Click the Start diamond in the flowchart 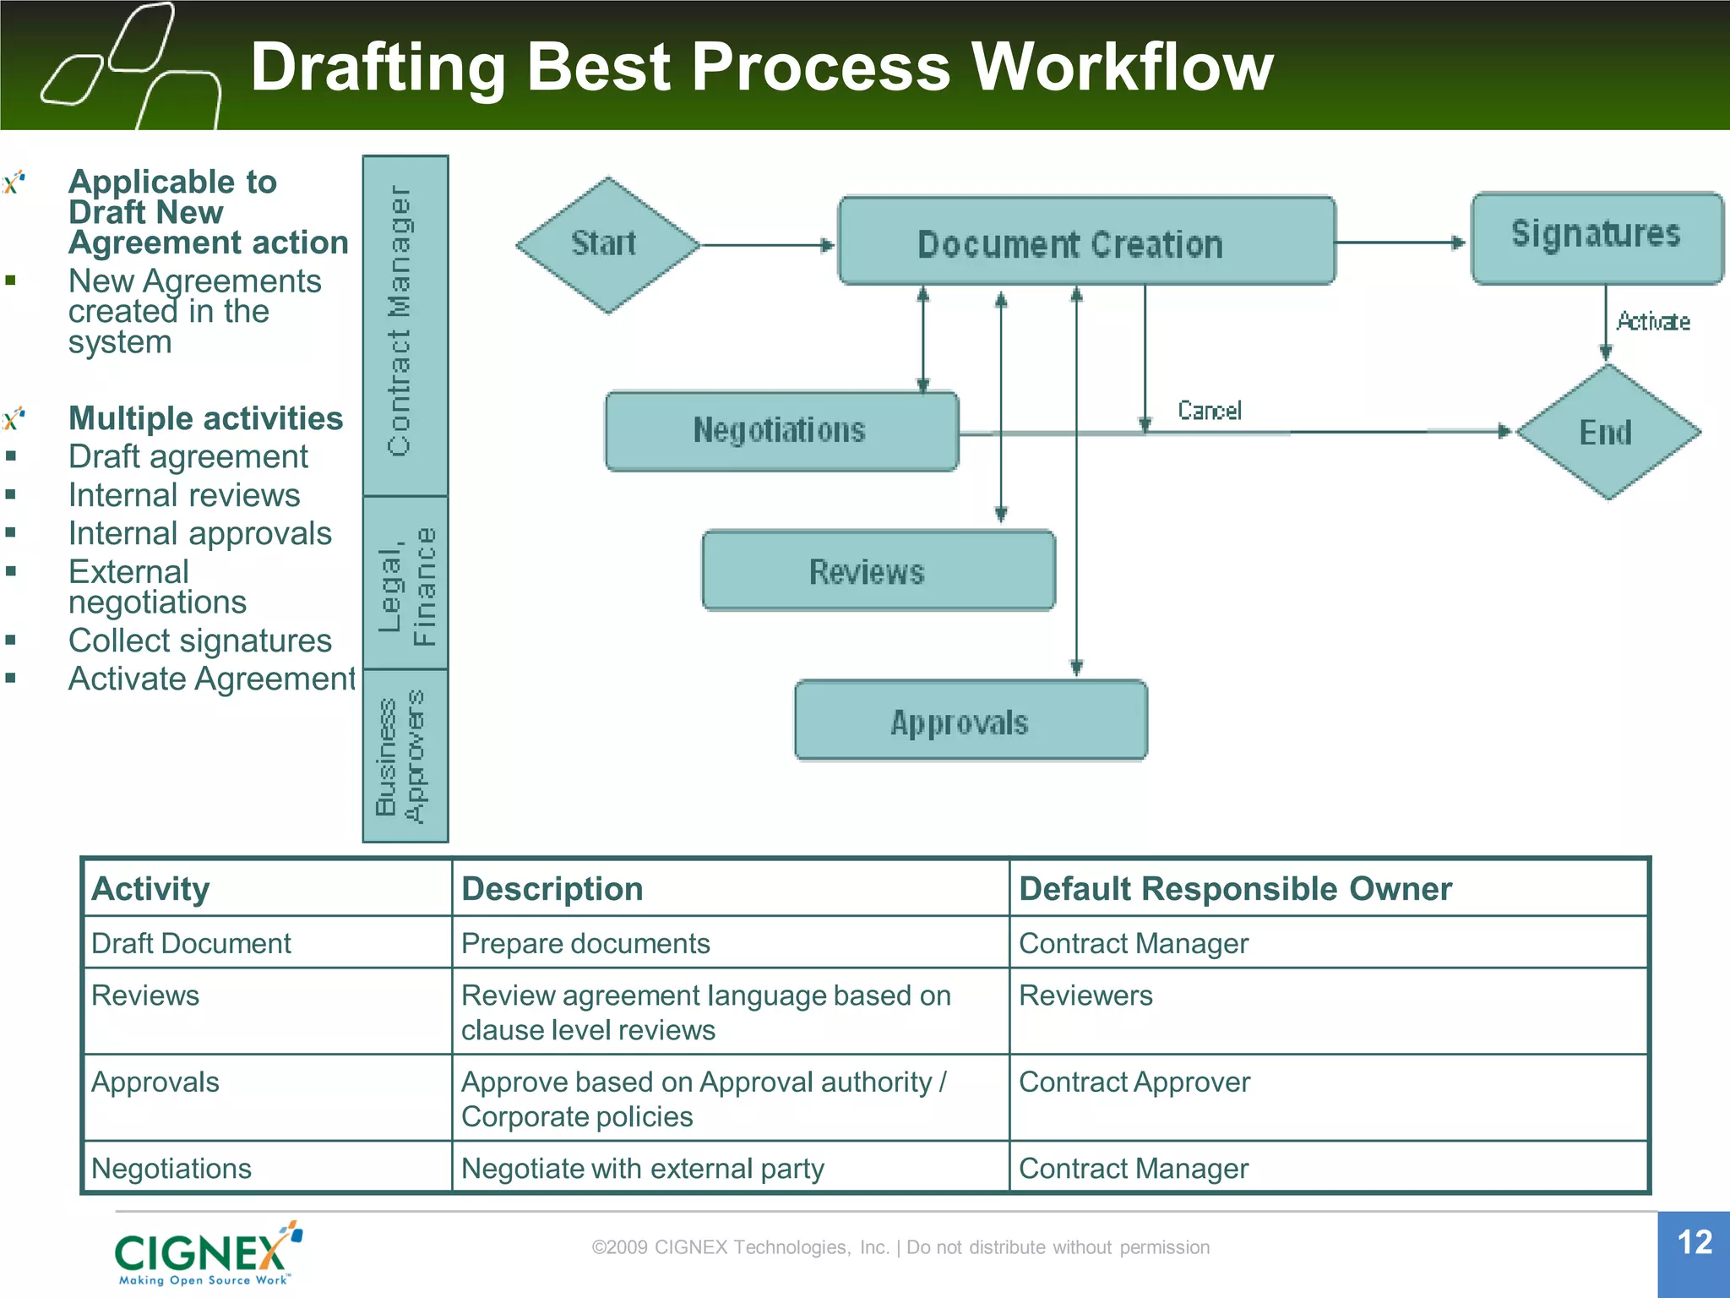click(x=607, y=244)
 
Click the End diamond click(x=1608, y=432)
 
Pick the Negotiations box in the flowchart click(x=781, y=431)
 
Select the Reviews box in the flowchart click(x=878, y=571)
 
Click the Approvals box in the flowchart click(x=970, y=721)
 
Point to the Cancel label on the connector click(x=1209, y=411)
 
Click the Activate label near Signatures click(x=1652, y=321)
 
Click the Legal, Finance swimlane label click(x=405, y=583)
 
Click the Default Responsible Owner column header click(x=1234, y=889)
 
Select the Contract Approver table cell click(x=1134, y=1083)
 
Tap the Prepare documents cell click(x=585, y=943)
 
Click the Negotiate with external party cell click(x=642, y=1169)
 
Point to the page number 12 click(x=1694, y=1242)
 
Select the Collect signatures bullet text click(x=200, y=641)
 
